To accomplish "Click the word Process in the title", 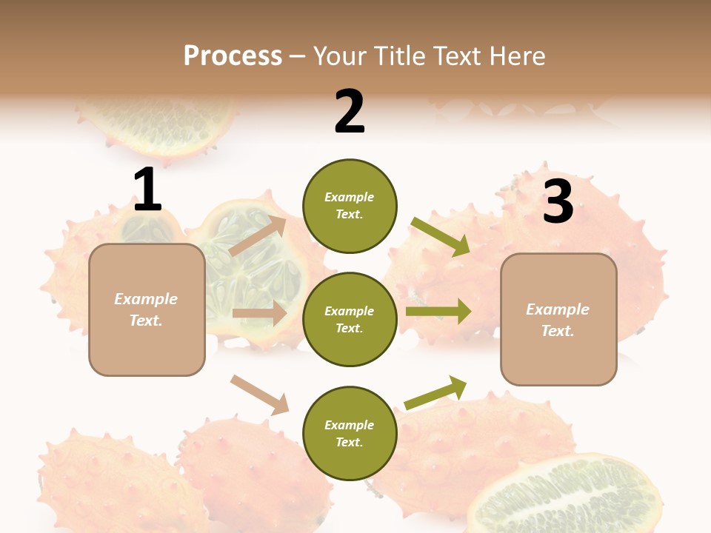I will (233, 56).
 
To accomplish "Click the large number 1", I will (147, 190).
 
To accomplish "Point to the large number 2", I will (350, 112).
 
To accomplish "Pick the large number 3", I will (558, 201).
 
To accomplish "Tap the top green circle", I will (350, 206).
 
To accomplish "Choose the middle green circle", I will (350, 319).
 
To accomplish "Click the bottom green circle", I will (350, 433).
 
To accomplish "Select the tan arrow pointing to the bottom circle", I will (259, 395).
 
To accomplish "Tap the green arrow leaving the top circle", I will (440, 237).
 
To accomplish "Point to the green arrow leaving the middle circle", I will (438, 312).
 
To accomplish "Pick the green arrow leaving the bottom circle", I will (435, 392).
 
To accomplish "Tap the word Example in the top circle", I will (350, 197).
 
